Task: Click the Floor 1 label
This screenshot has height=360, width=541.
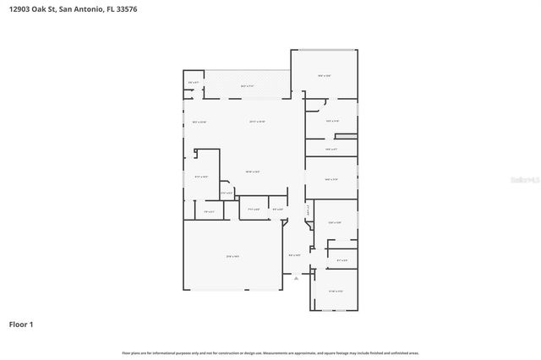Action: point(22,324)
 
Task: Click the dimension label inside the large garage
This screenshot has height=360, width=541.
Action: point(233,256)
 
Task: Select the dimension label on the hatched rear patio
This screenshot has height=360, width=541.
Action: point(249,86)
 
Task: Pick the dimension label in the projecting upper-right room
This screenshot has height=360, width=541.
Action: point(324,76)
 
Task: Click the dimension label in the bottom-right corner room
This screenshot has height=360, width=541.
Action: point(334,292)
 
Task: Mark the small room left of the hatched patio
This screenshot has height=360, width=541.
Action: point(194,82)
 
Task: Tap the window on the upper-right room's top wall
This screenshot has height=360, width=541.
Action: point(325,50)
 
